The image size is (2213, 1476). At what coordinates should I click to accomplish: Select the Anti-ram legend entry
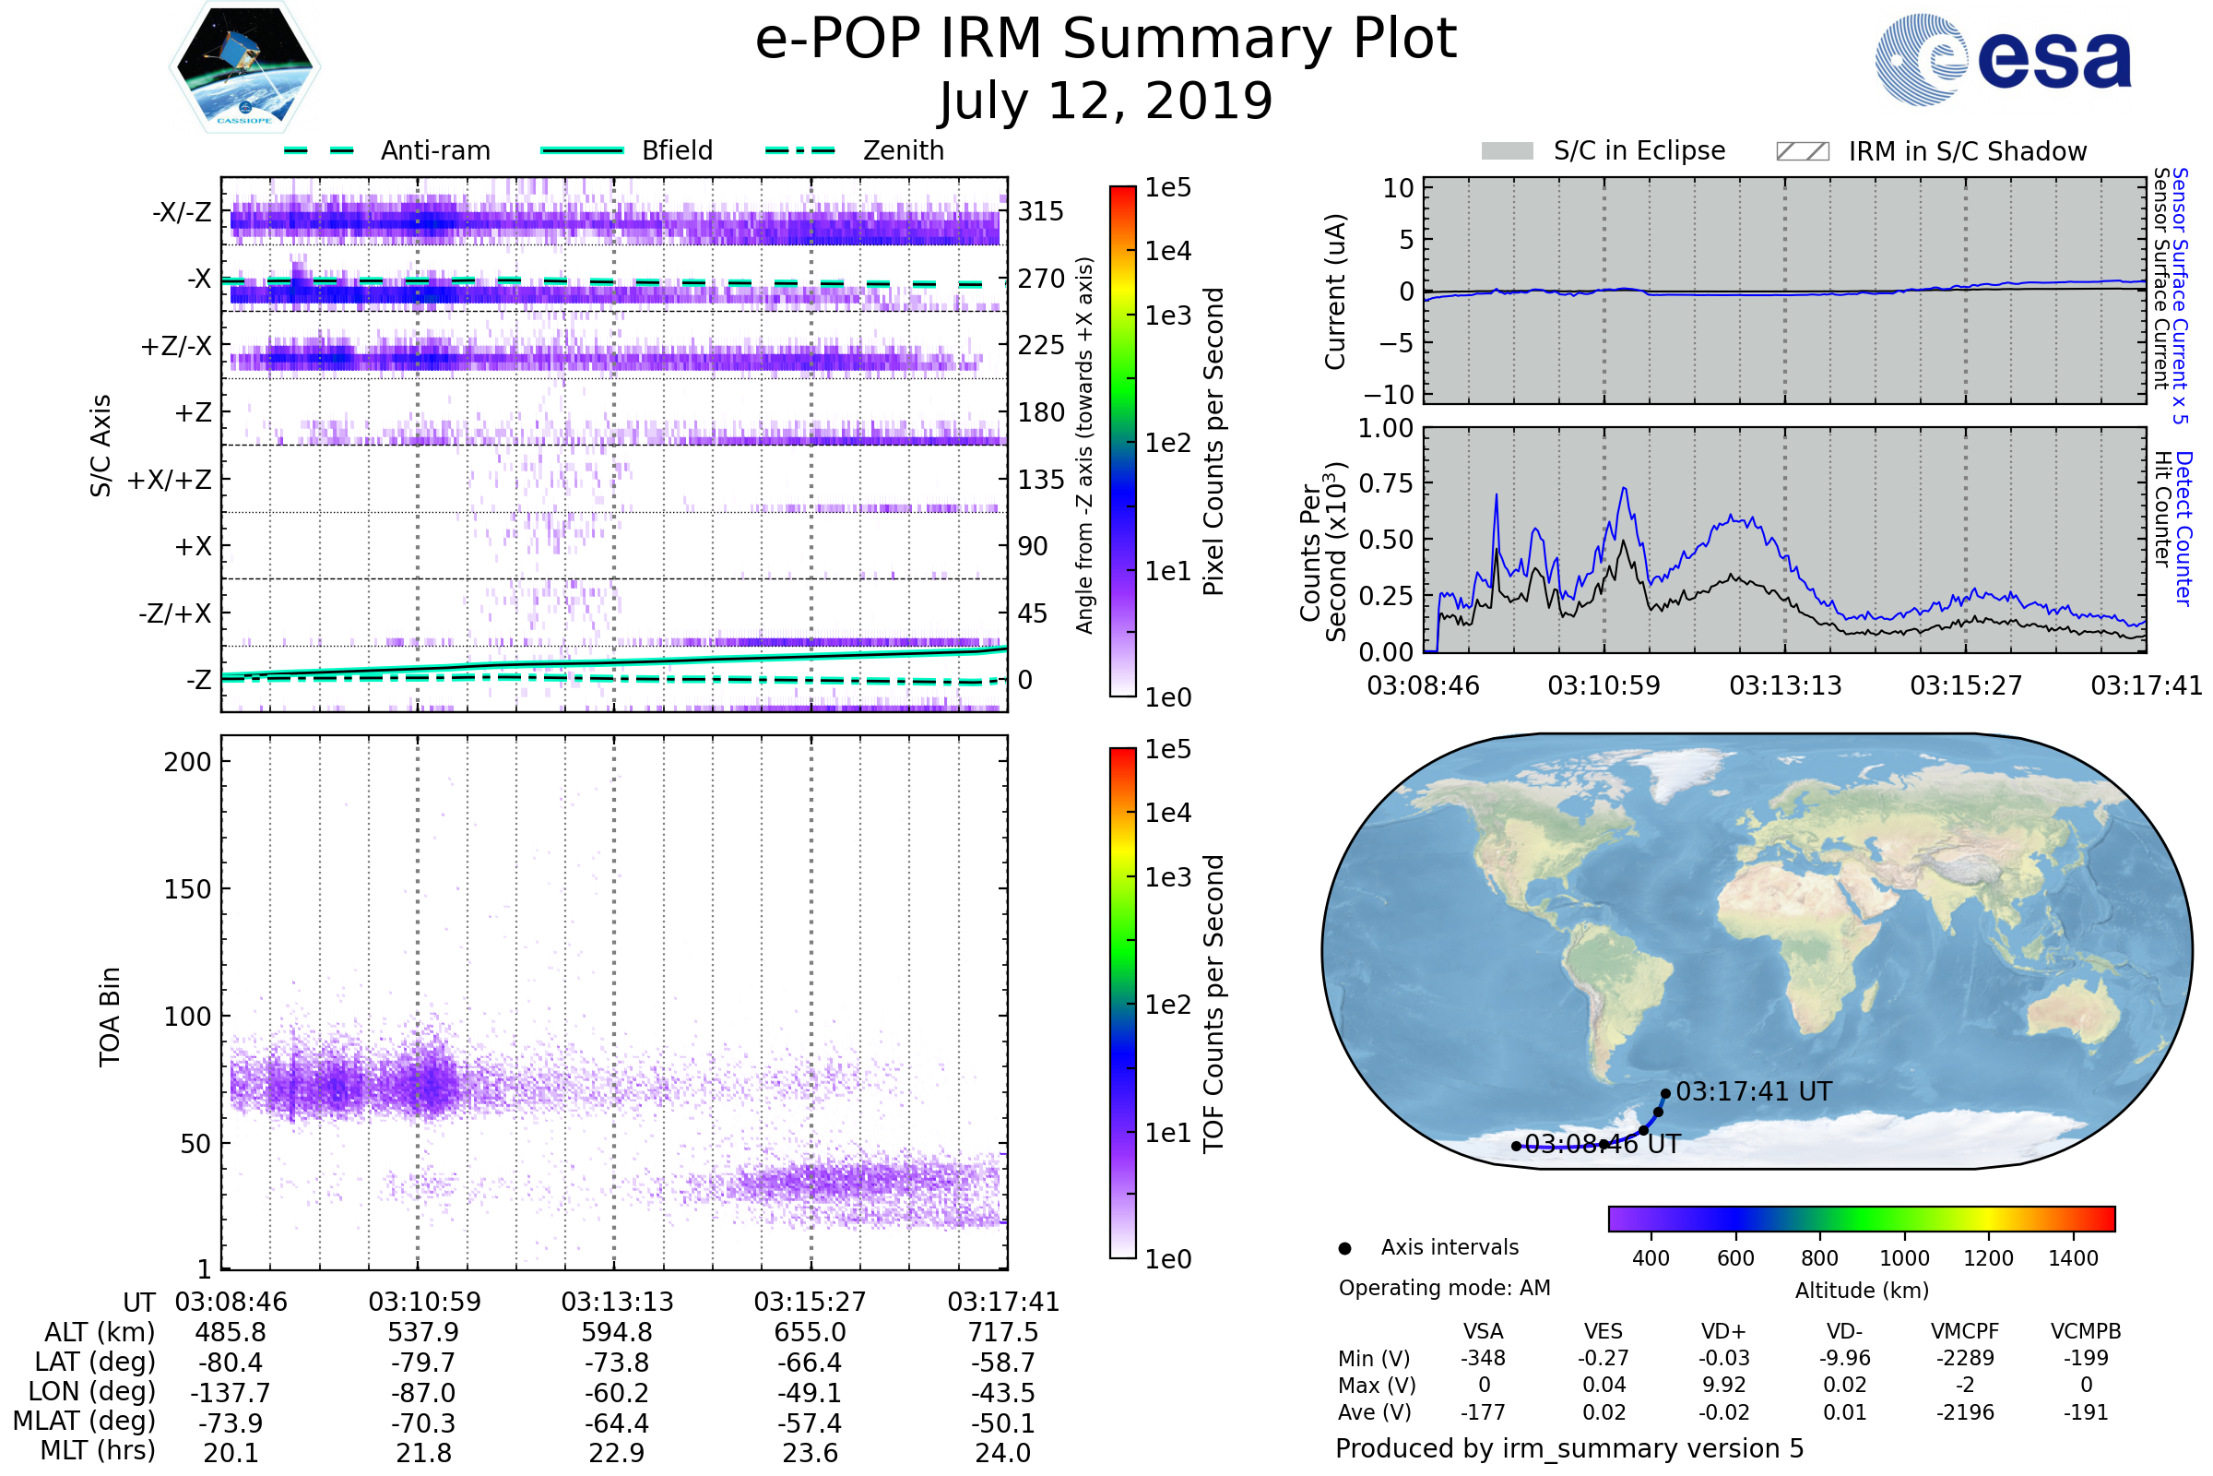coord(386,150)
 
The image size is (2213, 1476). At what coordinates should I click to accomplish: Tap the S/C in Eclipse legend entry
coord(1604,150)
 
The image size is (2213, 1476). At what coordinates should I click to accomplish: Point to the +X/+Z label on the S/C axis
coord(170,480)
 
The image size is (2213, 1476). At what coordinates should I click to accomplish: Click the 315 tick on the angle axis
coord(1041,211)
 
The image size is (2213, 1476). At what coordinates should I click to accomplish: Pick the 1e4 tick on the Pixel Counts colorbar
coord(1167,250)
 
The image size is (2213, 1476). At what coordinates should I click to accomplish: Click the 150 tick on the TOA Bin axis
coord(188,888)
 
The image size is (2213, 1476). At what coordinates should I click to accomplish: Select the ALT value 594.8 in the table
coord(617,1333)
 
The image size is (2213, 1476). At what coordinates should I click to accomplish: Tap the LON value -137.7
coord(231,1393)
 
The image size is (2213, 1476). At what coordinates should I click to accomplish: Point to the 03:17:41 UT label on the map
coord(1754,1092)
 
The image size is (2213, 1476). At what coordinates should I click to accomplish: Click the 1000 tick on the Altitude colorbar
coord(1904,1258)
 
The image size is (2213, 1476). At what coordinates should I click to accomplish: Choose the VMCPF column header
coord(1965,1331)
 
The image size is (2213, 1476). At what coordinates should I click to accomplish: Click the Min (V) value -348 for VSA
coord(1483,1358)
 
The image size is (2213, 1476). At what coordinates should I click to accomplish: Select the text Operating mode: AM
coord(1444,1288)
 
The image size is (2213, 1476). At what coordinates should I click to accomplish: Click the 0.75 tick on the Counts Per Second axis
coord(1387,482)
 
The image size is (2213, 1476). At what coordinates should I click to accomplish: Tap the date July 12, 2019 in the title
coord(1106,101)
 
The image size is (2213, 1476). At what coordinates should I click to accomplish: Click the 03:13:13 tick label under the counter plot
coord(1785,685)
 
